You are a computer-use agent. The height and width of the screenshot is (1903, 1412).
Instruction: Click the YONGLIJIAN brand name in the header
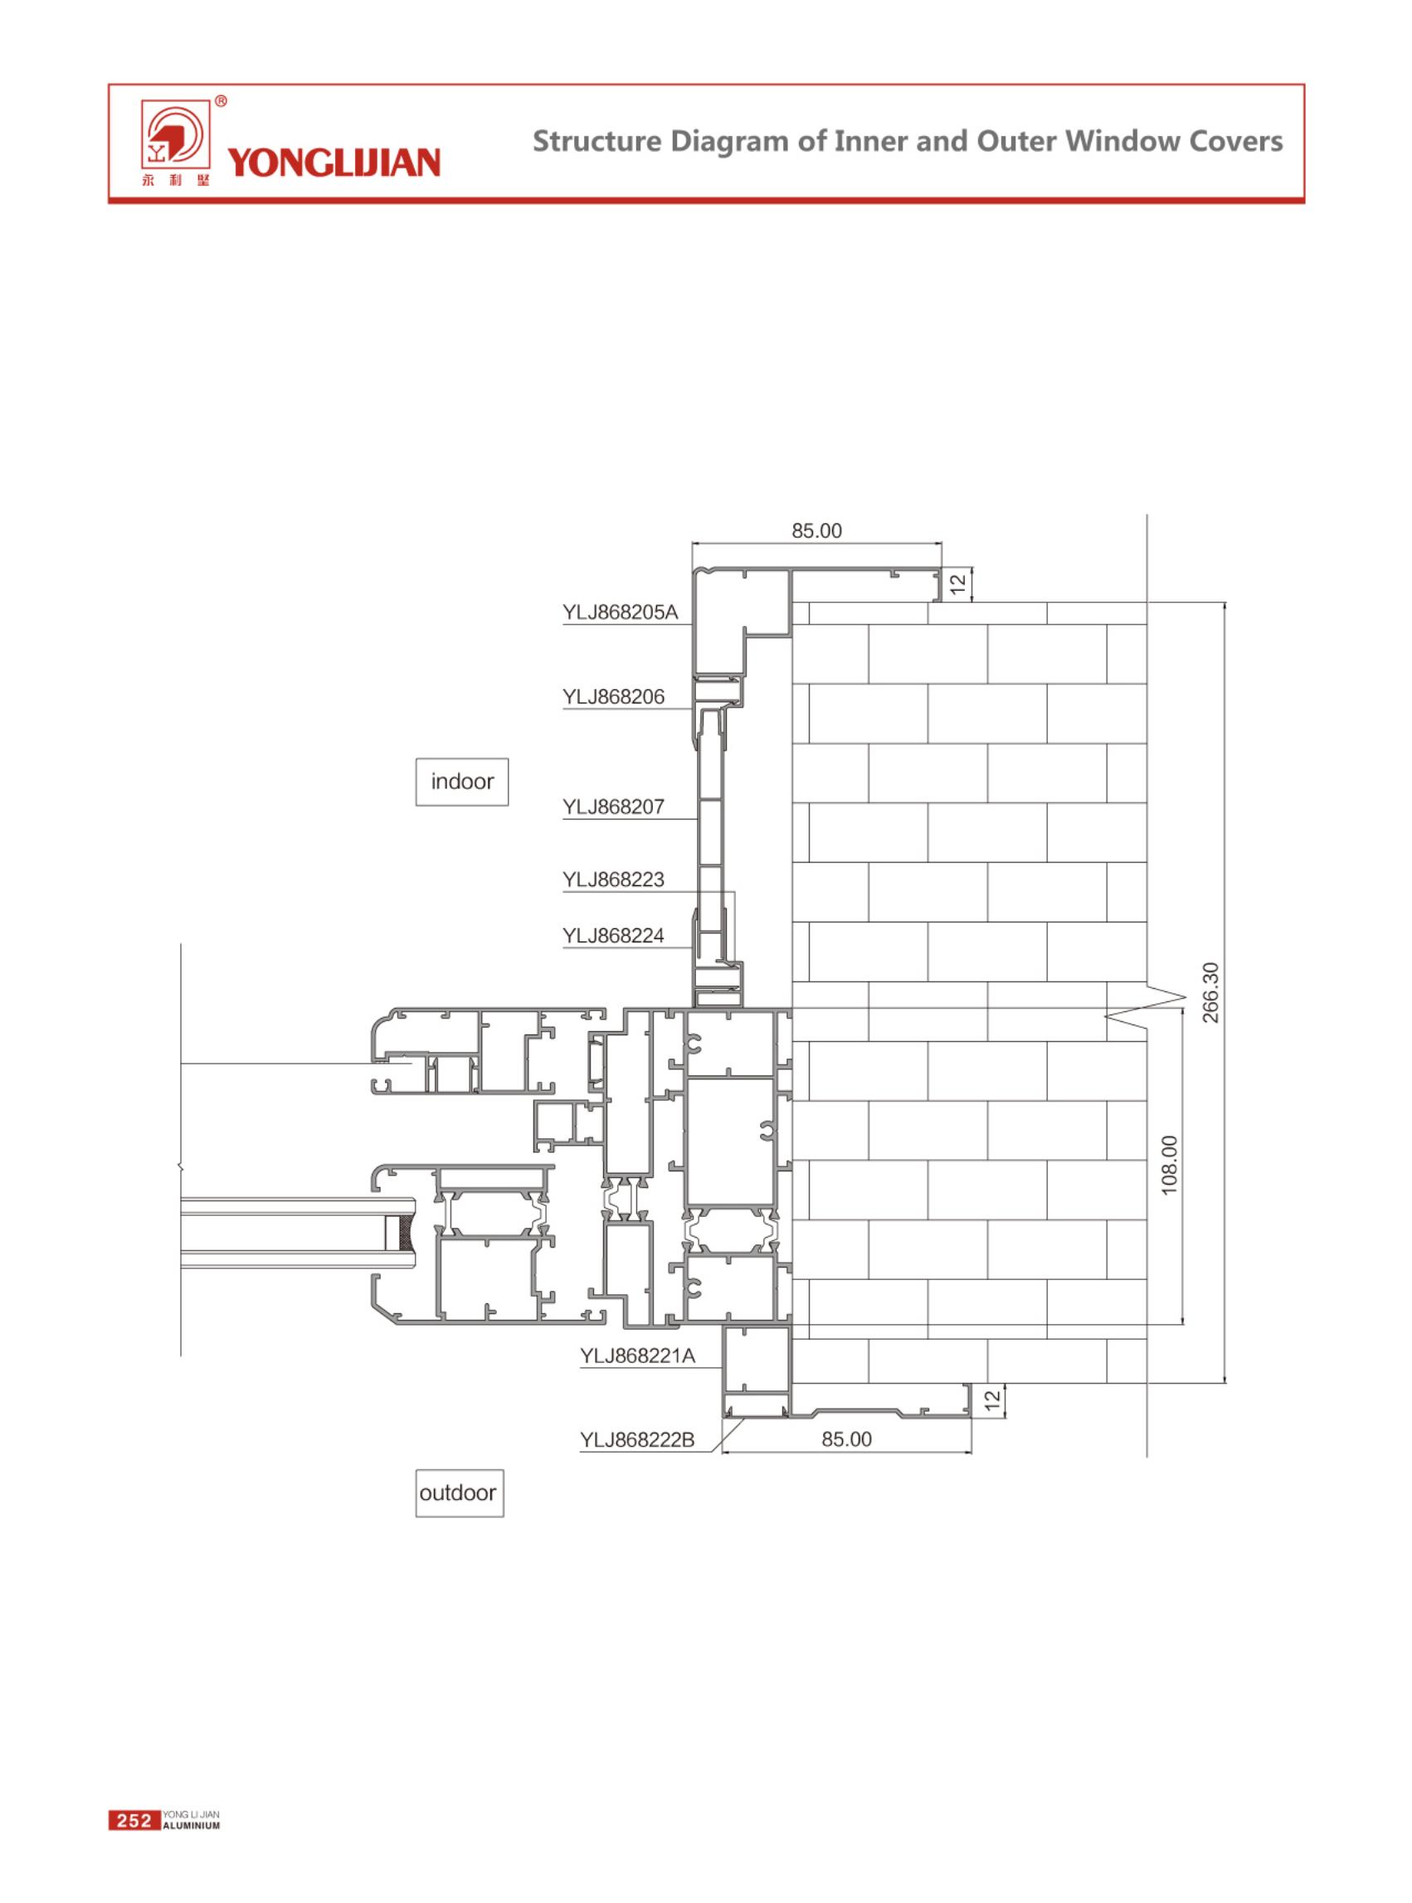(x=334, y=162)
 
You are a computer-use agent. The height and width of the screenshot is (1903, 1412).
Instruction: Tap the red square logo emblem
(x=174, y=136)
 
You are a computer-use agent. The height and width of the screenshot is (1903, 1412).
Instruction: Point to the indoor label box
(x=462, y=782)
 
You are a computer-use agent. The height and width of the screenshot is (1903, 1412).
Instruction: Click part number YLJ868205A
(x=620, y=613)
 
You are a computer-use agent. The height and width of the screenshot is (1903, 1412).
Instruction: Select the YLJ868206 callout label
(x=613, y=697)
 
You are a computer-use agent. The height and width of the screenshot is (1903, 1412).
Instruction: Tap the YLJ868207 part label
(x=613, y=806)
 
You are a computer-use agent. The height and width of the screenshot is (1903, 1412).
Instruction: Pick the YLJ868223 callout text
(x=613, y=879)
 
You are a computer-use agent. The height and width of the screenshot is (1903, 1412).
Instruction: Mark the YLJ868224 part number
(x=613, y=936)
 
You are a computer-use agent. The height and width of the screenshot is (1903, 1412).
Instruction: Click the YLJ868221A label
(x=638, y=1356)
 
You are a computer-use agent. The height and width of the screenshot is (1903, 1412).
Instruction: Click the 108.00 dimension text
(x=1169, y=1165)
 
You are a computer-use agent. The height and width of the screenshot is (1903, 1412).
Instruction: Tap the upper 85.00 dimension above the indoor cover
(x=816, y=531)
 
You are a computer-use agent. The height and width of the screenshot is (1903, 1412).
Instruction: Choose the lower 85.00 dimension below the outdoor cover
(x=846, y=1439)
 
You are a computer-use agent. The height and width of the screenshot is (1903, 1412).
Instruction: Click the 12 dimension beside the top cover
(x=958, y=584)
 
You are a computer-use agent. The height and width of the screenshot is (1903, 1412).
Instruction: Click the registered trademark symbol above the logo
(x=221, y=102)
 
